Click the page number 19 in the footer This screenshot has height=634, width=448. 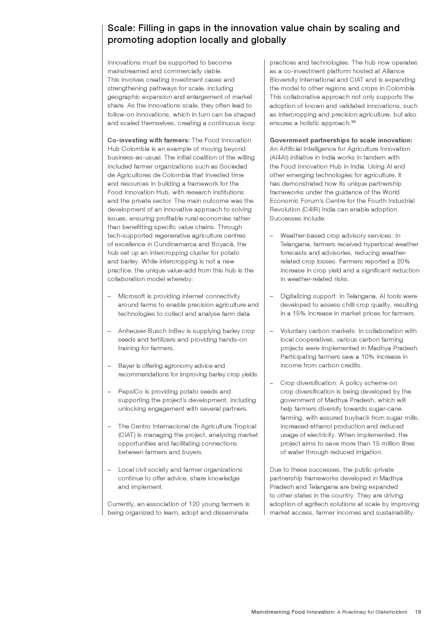pos(418,612)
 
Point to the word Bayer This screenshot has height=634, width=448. pos(126,366)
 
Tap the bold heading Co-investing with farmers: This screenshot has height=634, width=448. pos(149,141)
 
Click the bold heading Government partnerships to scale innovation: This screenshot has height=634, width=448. pos(341,141)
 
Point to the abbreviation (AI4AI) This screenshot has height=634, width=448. pos(280,158)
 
